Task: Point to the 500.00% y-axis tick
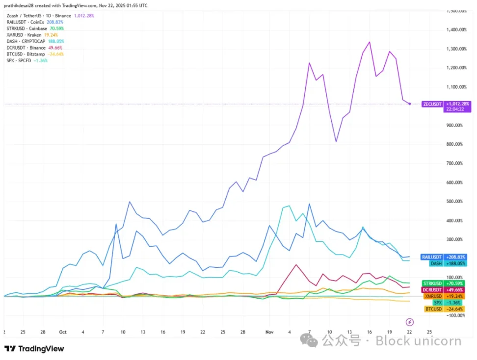click(456, 202)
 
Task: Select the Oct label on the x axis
click(62, 332)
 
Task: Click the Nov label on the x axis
click(269, 332)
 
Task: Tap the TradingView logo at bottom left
click(34, 349)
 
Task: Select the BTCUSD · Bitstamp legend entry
click(26, 54)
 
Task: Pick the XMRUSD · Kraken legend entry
click(24, 35)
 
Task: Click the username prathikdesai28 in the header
click(22, 5)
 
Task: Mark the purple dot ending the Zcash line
click(410, 104)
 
